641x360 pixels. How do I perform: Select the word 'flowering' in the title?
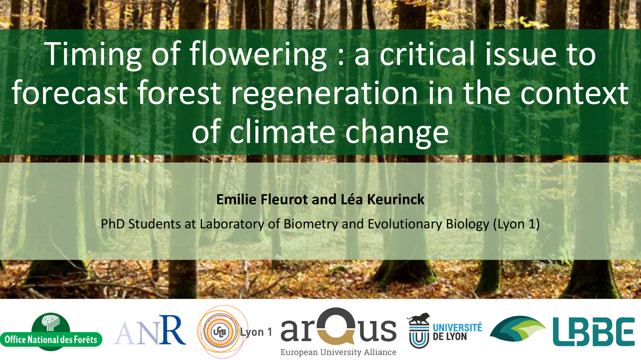(258, 54)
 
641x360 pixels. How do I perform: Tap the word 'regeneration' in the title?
(325, 93)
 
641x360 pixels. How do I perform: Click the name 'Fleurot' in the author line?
(284, 199)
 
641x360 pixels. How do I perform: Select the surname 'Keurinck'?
(396, 199)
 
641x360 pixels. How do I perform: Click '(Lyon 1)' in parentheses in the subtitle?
(516, 224)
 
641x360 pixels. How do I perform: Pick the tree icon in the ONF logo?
(51, 322)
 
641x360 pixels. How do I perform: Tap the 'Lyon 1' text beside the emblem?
(256, 332)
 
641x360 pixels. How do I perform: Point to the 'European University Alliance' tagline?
(338, 352)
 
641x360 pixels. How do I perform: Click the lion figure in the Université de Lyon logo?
(418, 319)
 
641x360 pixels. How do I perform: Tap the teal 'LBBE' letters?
(594, 332)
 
